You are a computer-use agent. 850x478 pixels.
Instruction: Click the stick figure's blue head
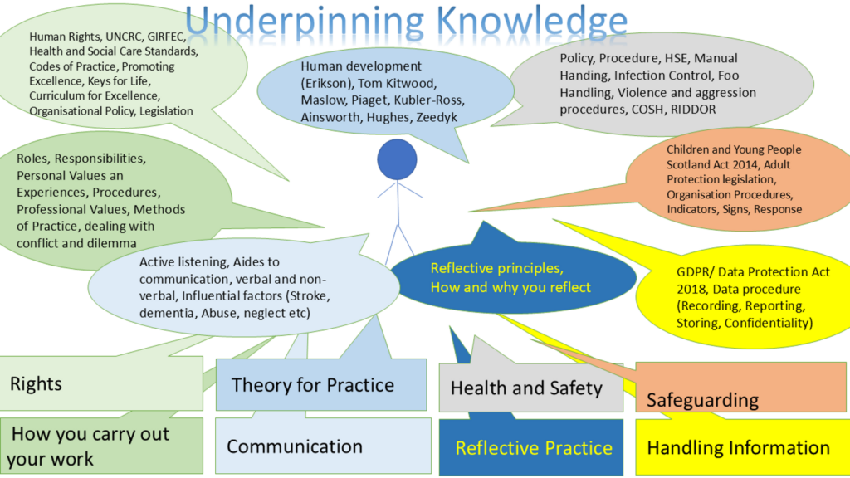coord(397,159)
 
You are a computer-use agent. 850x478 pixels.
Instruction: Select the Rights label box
coord(101,383)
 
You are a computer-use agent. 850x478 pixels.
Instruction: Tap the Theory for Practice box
coord(321,385)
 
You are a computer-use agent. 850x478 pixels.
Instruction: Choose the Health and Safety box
coord(530,388)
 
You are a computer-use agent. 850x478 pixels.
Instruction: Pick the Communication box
coord(323,446)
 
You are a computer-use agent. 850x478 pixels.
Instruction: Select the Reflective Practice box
coord(530,447)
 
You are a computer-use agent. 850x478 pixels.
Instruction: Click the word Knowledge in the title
coord(532,21)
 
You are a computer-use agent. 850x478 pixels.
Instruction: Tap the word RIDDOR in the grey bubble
coord(693,110)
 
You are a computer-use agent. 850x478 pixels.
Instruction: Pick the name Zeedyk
coord(437,117)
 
